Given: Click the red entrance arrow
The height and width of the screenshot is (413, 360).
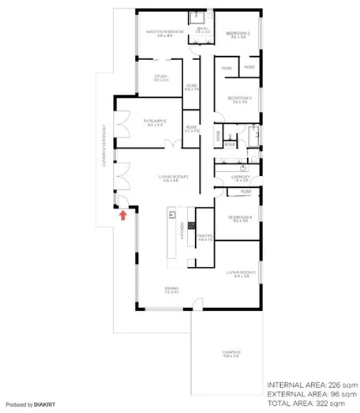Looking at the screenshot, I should pyautogui.click(x=123, y=214).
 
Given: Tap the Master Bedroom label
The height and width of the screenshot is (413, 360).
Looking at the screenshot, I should pyautogui.click(x=165, y=31).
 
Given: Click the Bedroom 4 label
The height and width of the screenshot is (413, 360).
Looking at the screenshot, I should pyautogui.click(x=238, y=216).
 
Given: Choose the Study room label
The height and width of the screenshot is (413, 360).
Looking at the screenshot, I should pyautogui.click(x=161, y=77).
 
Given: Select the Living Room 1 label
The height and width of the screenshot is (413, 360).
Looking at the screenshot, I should pyautogui.click(x=237, y=273).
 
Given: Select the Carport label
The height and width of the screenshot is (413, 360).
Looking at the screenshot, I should pyautogui.click(x=231, y=352).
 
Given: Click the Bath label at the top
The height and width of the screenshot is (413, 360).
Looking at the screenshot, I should pyautogui.click(x=202, y=28).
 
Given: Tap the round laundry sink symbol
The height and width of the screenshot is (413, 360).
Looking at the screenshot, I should pyautogui.click(x=244, y=168).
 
